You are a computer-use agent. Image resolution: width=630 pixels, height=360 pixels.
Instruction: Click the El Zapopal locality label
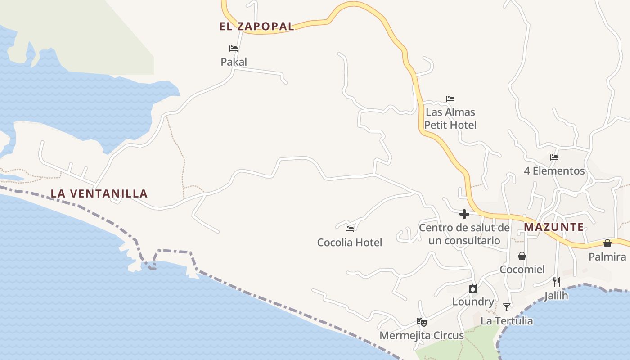pos(256,27)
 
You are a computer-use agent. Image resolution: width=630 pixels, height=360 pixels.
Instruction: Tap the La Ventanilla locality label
pos(99,194)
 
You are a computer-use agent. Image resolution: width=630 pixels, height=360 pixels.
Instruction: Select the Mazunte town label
pos(553,227)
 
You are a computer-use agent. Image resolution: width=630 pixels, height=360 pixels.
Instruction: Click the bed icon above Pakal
pos(234,49)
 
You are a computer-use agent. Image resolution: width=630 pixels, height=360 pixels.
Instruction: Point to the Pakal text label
pos(234,62)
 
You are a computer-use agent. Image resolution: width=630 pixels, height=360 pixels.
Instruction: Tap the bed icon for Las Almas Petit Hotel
pos(450,99)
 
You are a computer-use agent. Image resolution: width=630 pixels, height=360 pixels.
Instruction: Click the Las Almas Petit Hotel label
pos(450,118)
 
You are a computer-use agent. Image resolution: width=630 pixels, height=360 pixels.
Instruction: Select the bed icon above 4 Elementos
pos(554,157)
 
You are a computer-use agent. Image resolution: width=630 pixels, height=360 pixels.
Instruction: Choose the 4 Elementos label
pos(554,171)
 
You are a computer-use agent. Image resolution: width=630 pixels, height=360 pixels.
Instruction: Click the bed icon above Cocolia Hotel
pos(350,229)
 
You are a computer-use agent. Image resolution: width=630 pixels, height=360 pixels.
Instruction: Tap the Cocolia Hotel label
pos(350,243)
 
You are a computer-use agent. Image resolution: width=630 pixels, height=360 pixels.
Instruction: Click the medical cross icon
pos(464,214)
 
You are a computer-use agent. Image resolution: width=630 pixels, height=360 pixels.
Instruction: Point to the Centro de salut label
pos(464,234)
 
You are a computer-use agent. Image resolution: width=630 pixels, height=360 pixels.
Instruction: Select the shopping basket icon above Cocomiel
pos(522,256)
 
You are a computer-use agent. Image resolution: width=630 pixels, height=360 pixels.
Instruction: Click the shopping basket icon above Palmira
pos(607,243)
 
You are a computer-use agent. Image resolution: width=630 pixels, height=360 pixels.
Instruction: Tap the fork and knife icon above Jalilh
pos(557,282)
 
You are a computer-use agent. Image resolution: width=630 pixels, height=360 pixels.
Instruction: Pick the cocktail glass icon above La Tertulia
pos(507,307)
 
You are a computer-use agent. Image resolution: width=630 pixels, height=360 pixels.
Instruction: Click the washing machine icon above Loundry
pos(473,288)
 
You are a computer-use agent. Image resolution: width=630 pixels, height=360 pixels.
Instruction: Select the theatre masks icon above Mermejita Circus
pos(422,322)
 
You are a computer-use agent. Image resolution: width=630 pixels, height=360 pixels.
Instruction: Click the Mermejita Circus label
pos(422,336)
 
